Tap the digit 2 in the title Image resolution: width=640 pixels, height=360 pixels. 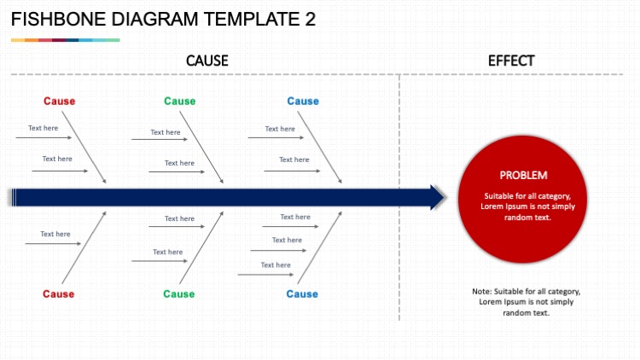(x=310, y=20)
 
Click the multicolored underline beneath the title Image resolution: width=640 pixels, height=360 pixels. (x=65, y=40)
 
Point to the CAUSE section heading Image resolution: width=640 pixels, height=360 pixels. (x=207, y=61)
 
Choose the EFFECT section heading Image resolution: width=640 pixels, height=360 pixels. (x=511, y=61)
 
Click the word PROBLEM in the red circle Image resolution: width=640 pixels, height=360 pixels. (x=523, y=175)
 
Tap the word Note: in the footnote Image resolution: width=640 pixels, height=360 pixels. (x=481, y=292)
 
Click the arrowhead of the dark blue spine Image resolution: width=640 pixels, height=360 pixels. (x=437, y=197)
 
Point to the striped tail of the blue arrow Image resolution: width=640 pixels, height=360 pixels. (x=12, y=197)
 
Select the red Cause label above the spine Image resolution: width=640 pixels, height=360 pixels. (x=60, y=102)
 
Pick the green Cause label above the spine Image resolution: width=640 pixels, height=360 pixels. (x=179, y=102)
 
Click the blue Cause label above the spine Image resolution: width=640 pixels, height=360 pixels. (x=303, y=102)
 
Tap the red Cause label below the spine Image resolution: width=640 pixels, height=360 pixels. (x=59, y=294)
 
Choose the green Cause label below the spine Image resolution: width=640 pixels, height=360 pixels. (x=179, y=294)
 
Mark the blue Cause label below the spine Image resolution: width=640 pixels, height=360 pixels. (x=302, y=294)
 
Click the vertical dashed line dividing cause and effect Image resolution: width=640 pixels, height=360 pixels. (x=399, y=256)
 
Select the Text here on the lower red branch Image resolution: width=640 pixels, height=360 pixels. (x=55, y=234)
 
